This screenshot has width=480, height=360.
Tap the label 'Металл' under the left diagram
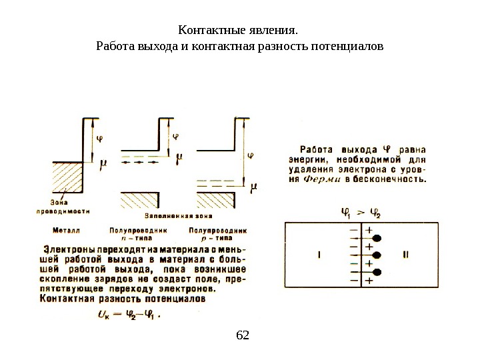[67, 229]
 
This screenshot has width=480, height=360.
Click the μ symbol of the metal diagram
[103, 162]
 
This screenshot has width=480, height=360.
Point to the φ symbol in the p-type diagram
[251, 157]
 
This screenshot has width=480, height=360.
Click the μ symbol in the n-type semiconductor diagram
[178, 160]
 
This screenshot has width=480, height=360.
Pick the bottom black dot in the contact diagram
[377, 271]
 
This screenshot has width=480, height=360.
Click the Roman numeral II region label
[405, 254]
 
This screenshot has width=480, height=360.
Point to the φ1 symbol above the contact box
[345, 214]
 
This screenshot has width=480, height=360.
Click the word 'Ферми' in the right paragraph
[321, 179]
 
